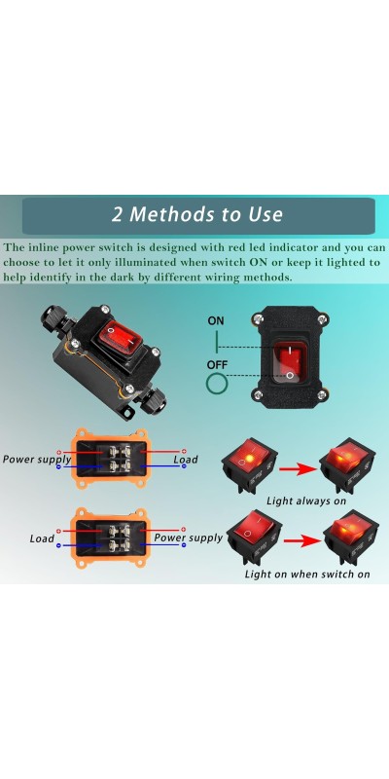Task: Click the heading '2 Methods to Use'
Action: (197, 214)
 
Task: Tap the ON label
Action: (216, 321)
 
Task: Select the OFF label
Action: (217, 365)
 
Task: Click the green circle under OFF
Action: (216, 384)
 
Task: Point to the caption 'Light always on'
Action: (306, 501)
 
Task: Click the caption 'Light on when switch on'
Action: (307, 575)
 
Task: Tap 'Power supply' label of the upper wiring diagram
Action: (37, 460)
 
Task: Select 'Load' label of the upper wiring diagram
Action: (186, 460)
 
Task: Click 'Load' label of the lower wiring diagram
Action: (42, 538)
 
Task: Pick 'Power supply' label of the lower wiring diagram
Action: (188, 538)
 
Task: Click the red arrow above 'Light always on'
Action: (298, 468)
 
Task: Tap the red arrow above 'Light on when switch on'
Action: (301, 540)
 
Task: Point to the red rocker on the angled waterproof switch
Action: (119, 333)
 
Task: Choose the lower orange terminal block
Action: (109, 538)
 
